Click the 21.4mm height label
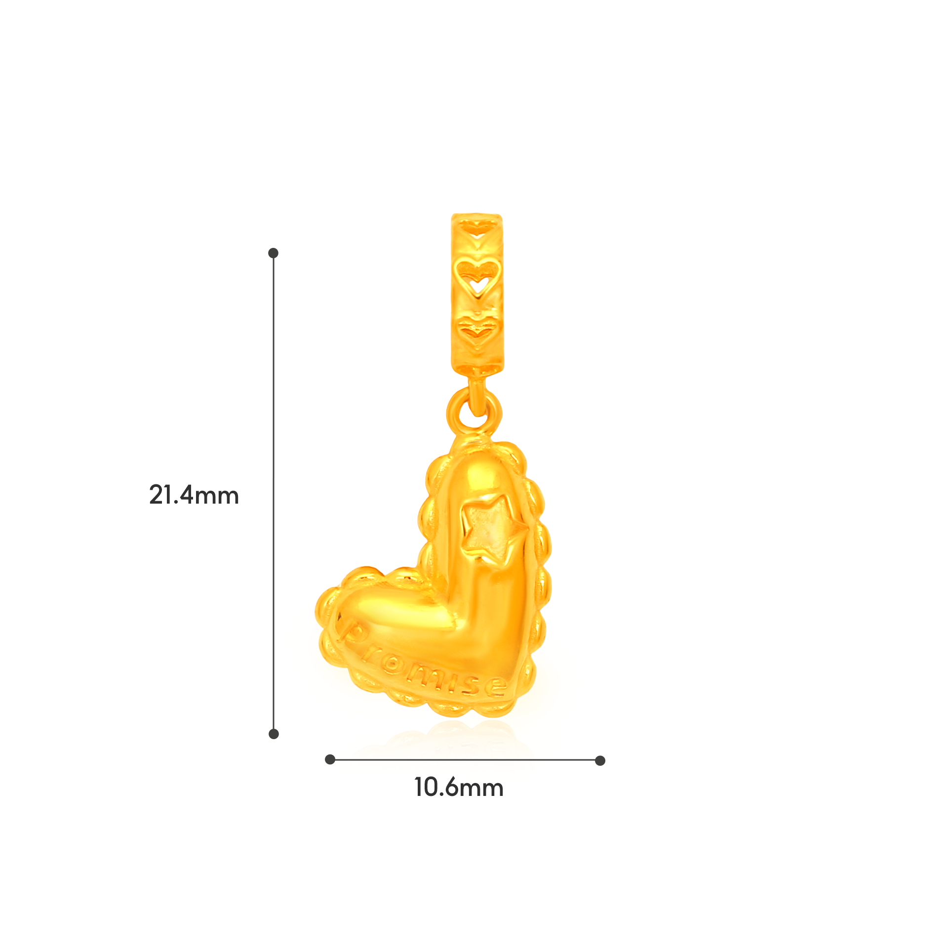click(x=194, y=495)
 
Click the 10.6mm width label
click(x=459, y=788)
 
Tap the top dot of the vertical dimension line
click(x=274, y=253)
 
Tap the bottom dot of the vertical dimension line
click(x=274, y=734)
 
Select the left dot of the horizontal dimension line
click(x=330, y=760)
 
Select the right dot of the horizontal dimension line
click(x=600, y=760)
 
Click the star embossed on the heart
click(x=491, y=529)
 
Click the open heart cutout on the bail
click(x=477, y=278)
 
